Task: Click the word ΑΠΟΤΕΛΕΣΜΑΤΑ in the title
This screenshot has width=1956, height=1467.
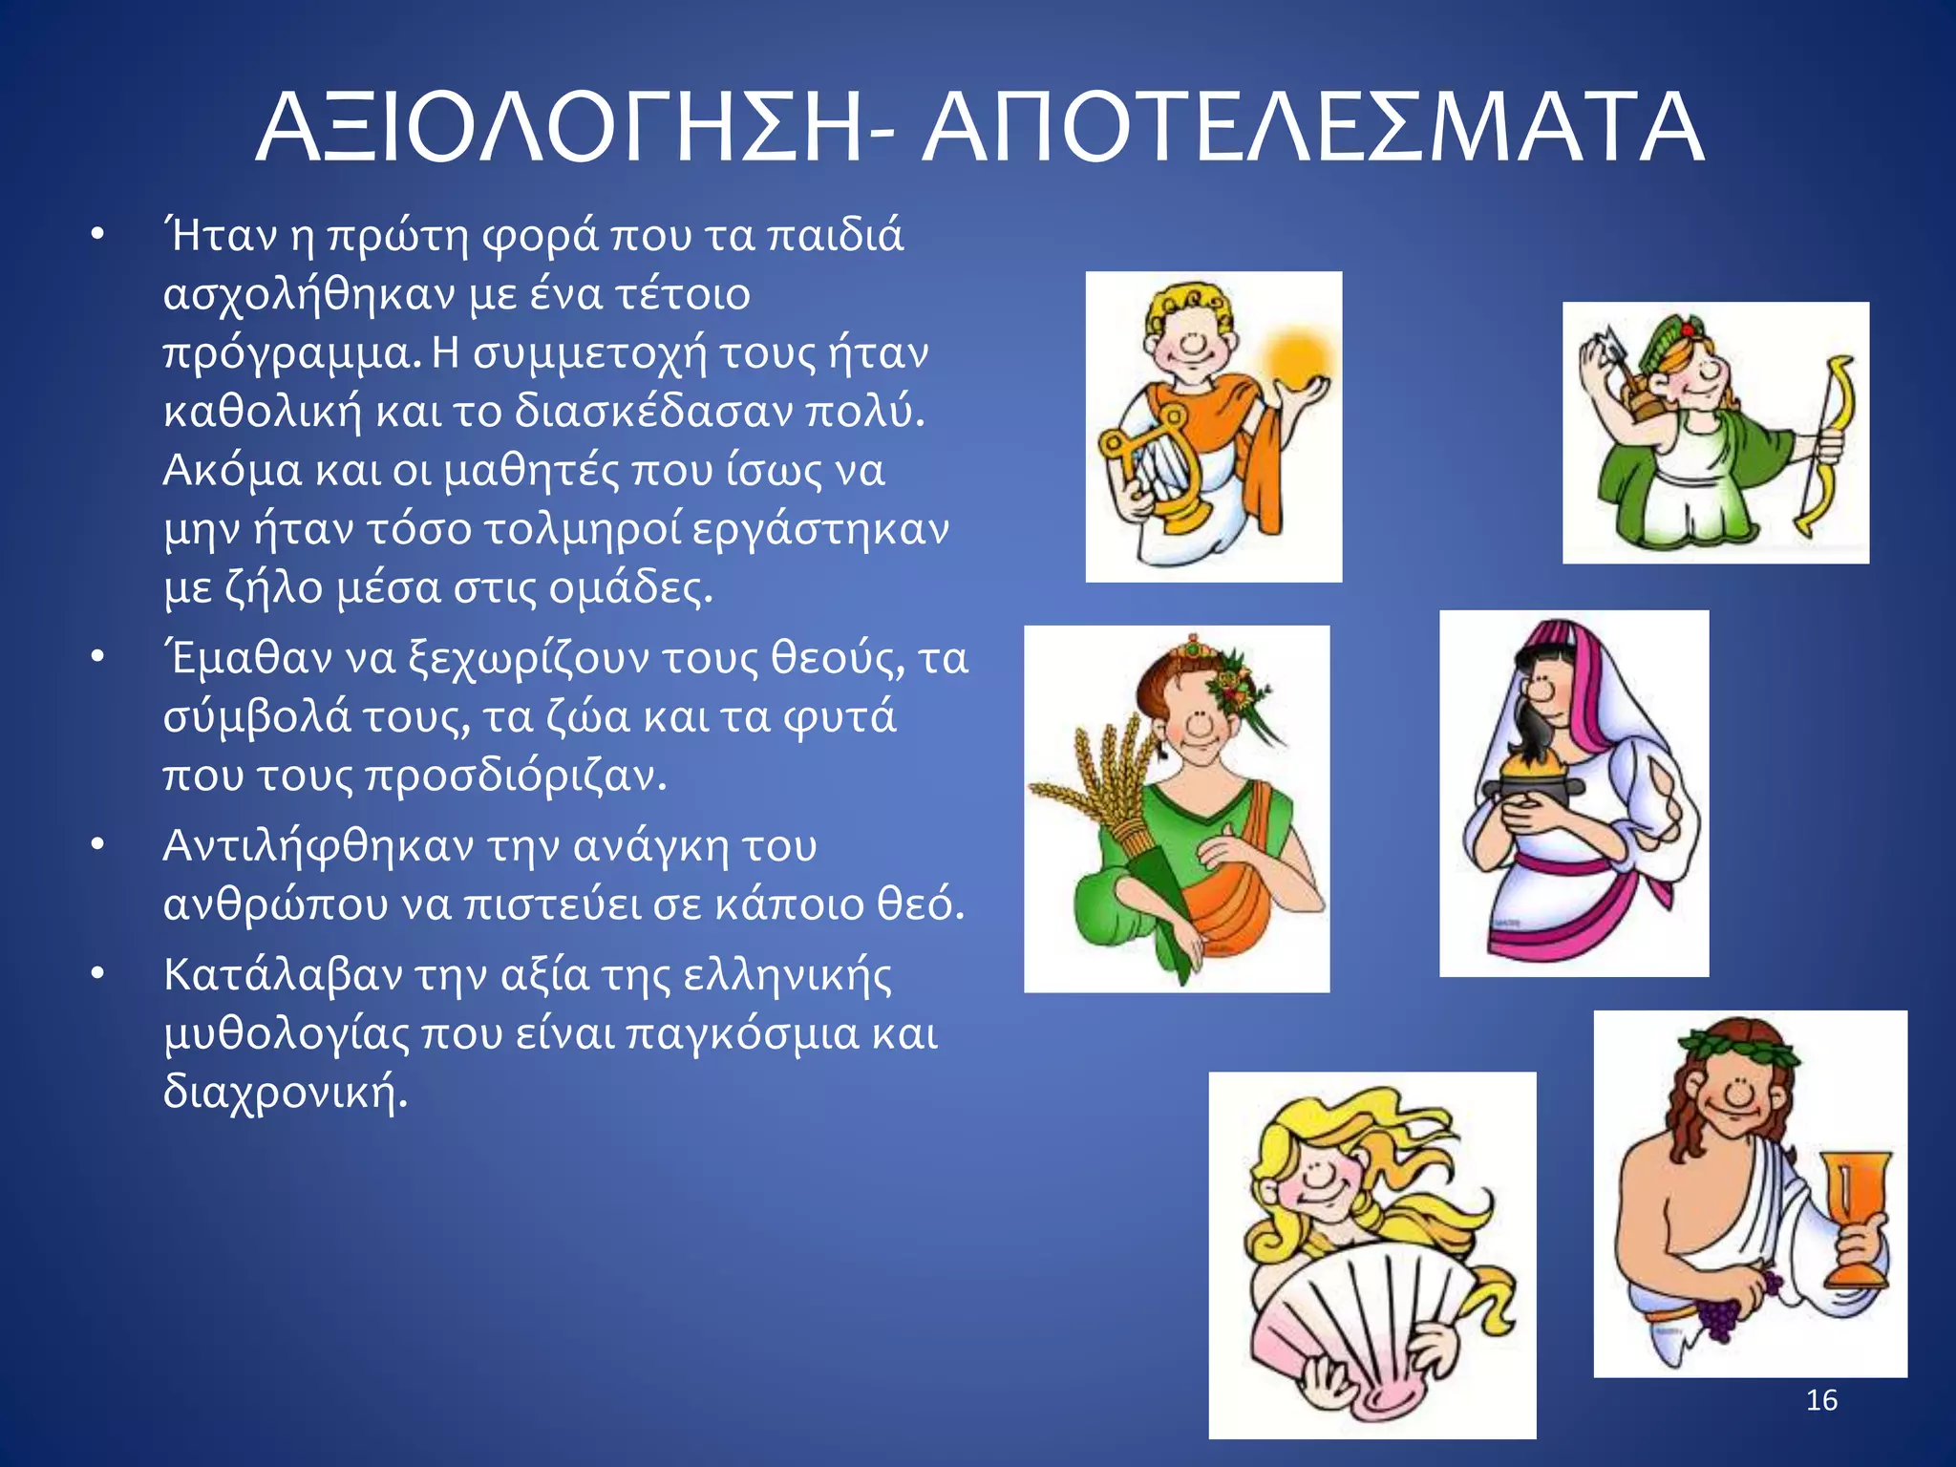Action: (x=1312, y=129)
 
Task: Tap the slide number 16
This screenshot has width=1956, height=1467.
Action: (x=1821, y=1400)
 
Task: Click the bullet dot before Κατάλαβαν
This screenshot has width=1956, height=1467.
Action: (x=96, y=975)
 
